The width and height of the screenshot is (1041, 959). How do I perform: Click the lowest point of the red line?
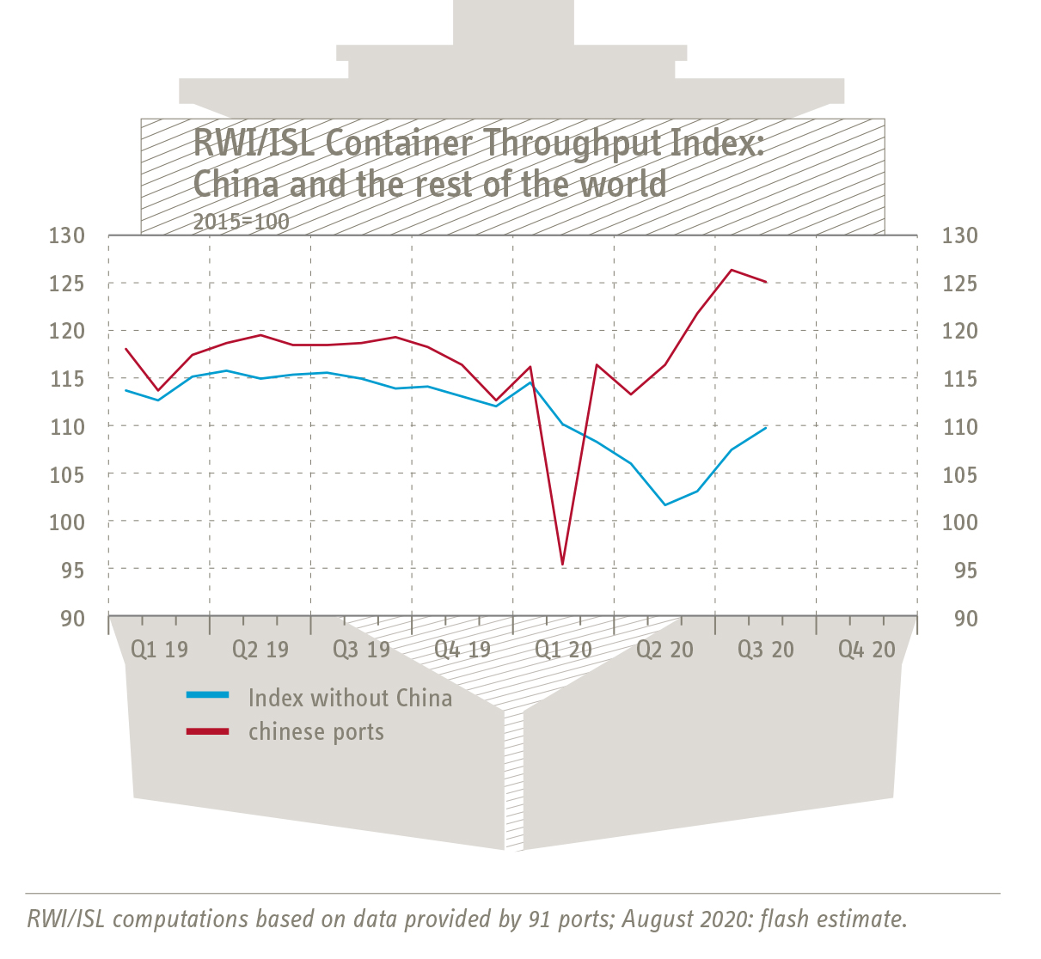562,565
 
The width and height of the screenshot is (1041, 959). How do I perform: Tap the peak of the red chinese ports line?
731,270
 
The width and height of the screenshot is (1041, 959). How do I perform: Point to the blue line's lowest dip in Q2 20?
664,504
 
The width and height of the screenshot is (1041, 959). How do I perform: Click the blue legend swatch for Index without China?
208,695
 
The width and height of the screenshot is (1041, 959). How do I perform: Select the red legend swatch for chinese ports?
208,731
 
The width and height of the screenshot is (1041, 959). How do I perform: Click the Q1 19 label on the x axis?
159,650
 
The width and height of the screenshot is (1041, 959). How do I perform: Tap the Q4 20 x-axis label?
866,650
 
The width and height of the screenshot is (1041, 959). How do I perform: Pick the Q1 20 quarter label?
563,650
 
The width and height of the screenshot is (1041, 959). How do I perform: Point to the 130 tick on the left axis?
66,235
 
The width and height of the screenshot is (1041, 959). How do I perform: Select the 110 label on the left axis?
66,427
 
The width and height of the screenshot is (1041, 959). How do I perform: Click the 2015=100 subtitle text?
241,221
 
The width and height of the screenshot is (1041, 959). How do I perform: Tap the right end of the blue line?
765,427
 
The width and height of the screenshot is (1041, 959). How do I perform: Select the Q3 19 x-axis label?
361,650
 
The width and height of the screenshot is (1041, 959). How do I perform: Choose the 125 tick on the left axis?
66,284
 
